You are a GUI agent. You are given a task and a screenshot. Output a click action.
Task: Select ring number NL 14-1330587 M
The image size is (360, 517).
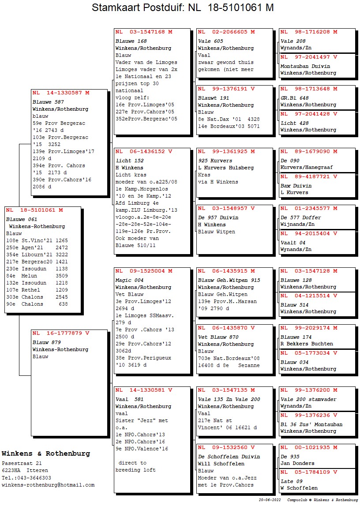tap(61, 93)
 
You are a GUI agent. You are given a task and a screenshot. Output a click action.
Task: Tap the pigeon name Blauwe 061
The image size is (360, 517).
tap(22, 219)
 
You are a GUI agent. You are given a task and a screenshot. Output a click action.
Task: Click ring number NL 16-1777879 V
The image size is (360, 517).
tap(61, 333)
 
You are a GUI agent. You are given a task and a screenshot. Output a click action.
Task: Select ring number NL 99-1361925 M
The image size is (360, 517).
tap(226, 151)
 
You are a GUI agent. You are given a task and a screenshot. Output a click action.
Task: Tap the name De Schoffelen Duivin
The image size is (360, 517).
tap(229, 457)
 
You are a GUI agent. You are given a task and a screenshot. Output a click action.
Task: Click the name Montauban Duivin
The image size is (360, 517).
tap(305, 66)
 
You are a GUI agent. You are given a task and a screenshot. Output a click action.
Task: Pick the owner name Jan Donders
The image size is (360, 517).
tap(297, 463)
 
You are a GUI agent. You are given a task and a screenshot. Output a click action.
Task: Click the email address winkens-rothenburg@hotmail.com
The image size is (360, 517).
tap(48, 485)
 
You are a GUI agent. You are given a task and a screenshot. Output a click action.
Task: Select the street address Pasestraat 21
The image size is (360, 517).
tap(22, 464)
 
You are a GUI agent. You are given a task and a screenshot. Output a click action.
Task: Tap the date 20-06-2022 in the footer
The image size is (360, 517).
tap(270, 500)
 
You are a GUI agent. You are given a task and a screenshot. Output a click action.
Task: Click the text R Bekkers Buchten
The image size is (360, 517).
tap(307, 344)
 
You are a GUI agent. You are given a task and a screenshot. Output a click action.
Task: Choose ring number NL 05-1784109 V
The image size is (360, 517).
tap(309, 472)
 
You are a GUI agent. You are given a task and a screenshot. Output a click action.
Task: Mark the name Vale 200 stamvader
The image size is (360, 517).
tap(308, 399)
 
